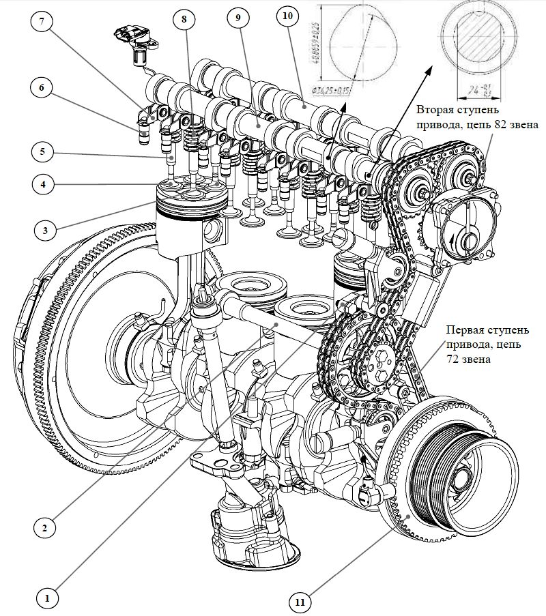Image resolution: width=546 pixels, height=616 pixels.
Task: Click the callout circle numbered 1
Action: [47, 598]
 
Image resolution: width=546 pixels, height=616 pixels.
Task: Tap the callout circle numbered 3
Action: [45, 230]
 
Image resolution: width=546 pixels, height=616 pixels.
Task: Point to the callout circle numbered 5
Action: [42, 151]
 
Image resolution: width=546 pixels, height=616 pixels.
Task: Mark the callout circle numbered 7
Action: [42, 20]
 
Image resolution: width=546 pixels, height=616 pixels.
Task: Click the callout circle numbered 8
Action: [184, 19]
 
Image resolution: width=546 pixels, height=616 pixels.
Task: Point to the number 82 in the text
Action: [485, 125]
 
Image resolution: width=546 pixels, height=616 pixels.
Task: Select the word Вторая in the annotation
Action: [433, 110]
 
